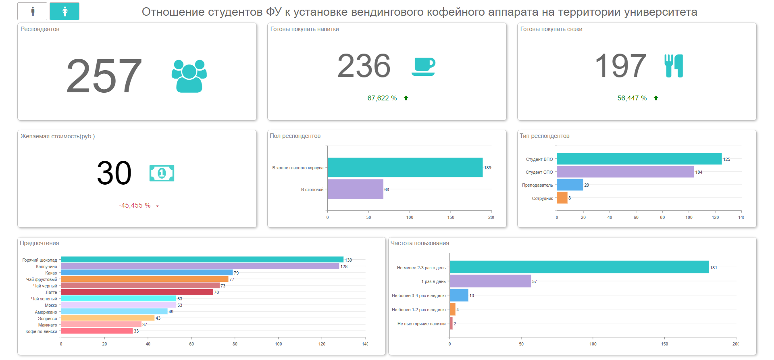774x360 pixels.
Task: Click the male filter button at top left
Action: tap(32, 11)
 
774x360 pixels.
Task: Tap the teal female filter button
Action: tap(64, 11)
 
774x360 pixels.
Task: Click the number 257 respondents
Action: tap(104, 76)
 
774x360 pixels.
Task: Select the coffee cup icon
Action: tap(424, 66)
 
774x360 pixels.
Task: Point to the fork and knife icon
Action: tap(674, 66)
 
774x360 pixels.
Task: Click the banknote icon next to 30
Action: tap(162, 173)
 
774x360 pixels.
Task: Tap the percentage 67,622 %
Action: tap(382, 98)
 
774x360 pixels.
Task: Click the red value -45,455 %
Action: tap(135, 206)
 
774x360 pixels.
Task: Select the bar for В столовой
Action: tap(355, 189)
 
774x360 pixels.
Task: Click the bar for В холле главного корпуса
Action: tap(405, 167)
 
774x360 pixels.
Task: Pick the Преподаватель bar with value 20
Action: tap(570, 185)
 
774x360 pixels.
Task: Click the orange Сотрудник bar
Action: tap(562, 198)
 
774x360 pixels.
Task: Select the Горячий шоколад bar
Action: tap(202, 260)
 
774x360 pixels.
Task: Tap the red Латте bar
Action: tap(137, 292)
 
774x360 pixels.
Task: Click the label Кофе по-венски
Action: tap(41, 331)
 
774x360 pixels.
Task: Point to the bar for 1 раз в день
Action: tap(490, 281)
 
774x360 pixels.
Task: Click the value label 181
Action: tap(714, 268)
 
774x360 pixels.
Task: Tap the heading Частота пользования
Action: tap(420, 243)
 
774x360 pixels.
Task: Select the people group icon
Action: tap(189, 76)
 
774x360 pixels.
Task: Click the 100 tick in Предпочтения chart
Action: tap(278, 344)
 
